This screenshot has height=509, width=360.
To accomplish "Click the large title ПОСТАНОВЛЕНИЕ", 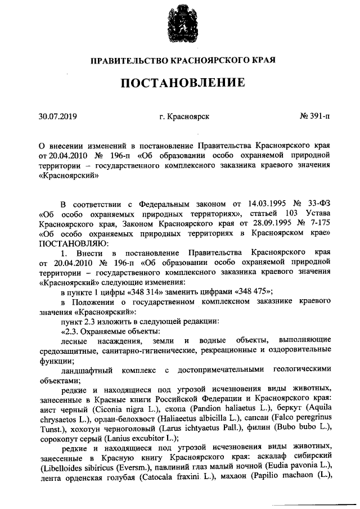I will [180, 83].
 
